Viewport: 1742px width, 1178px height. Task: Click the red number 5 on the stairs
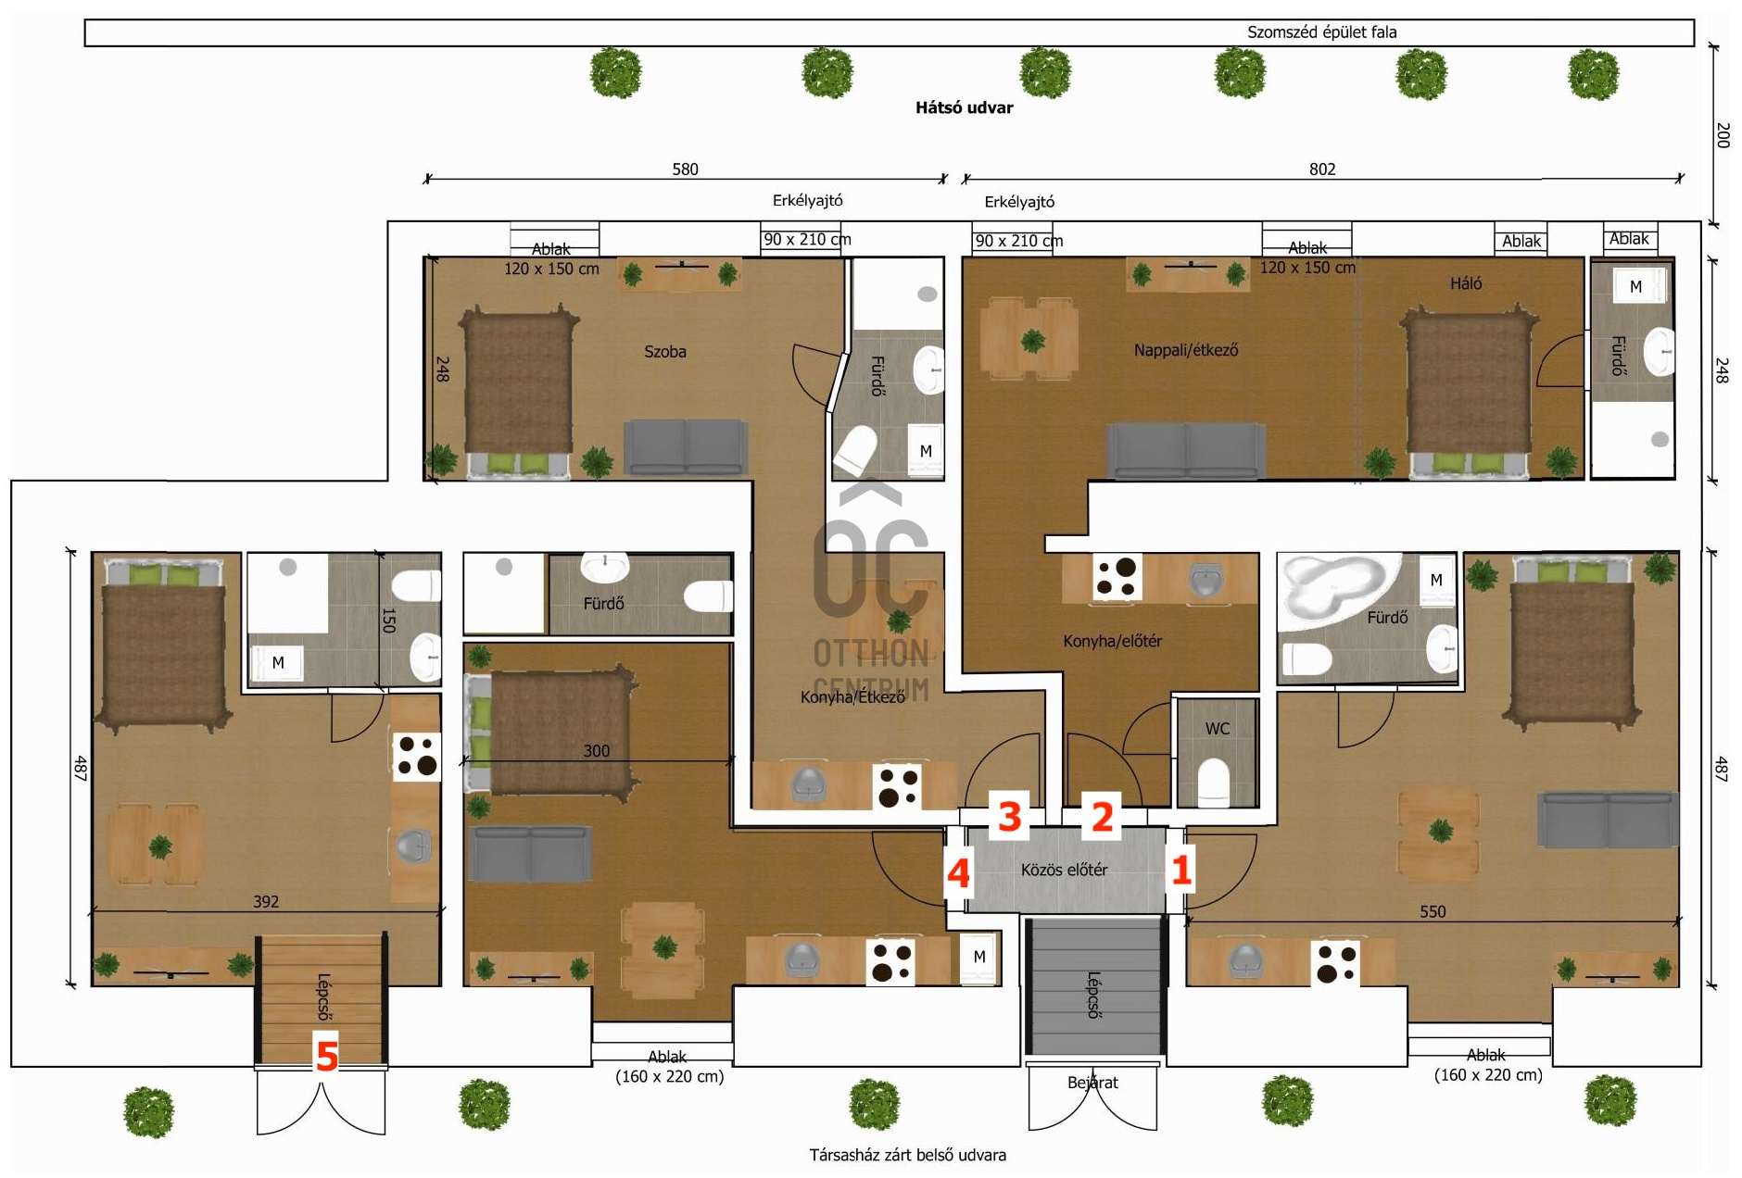[x=326, y=1056]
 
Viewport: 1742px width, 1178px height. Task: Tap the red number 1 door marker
[x=1180, y=871]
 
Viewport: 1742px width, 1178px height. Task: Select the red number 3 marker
[x=1009, y=817]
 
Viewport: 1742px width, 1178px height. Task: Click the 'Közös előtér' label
[x=1064, y=870]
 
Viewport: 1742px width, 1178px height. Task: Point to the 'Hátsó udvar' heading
[x=964, y=107]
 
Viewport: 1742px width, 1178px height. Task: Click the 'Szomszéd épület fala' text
[x=1321, y=32]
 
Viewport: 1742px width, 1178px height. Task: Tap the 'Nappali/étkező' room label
[x=1186, y=350]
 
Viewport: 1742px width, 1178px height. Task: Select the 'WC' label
[x=1218, y=729]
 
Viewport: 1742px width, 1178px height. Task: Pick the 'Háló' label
[x=1466, y=283]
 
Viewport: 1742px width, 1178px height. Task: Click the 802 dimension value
[x=1322, y=169]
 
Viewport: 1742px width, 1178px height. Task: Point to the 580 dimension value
[x=685, y=169]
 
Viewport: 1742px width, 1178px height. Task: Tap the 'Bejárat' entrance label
[x=1092, y=1083]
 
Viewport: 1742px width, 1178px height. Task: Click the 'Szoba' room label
[x=665, y=351]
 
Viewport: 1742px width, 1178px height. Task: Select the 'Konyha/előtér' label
[x=1112, y=641]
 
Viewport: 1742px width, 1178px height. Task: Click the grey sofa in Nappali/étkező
[x=1186, y=451]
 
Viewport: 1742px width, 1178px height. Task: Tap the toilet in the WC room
[x=1214, y=782]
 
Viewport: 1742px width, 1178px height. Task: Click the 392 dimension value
[x=266, y=901]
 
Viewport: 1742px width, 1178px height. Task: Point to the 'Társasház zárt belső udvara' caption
[x=907, y=1155]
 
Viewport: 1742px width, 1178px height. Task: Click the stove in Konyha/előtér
[x=1117, y=576]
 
